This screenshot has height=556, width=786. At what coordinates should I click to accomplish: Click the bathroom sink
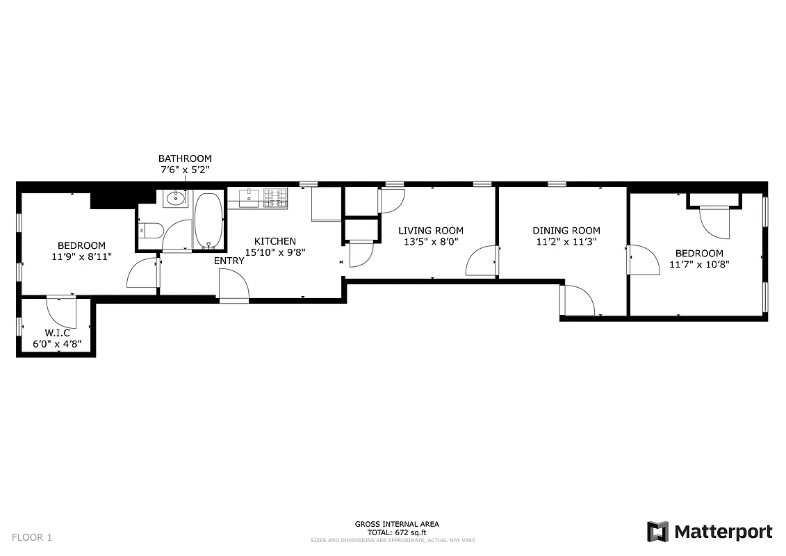pyautogui.click(x=175, y=199)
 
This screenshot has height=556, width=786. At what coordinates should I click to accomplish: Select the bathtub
pyautogui.click(x=208, y=220)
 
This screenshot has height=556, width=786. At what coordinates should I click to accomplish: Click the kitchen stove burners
pyautogui.click(x=275, y=199)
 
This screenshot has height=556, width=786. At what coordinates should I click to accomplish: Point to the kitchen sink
pyautogui.click(x=249, y=198)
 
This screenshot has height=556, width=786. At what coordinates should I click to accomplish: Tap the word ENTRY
pyautogui.click(x=229, y=261)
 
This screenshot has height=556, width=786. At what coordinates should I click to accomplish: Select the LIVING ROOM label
pyautogui.click(x=430, y=231)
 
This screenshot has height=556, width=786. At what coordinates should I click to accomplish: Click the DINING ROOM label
pyautogui.click(x=566, y=231)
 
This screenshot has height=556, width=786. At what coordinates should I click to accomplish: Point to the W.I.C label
pyautogui.click(x=58, y=333)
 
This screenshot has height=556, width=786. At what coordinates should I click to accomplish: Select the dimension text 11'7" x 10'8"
pyautogui.click(x=696, y=265)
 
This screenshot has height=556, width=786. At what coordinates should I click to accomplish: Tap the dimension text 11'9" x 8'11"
pyautogui.click(x=81, y=256)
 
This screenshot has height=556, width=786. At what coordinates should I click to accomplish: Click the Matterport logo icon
pyautogui.click(x=657, y=532)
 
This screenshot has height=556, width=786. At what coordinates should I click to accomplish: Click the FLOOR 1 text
pyautogui.click(x=31, y=537)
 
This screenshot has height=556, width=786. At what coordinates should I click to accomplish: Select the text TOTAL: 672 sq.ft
pyautogui.click(x=397, y=532)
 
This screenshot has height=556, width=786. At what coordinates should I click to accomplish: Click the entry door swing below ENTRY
pyautogui.click(x=233, y=286)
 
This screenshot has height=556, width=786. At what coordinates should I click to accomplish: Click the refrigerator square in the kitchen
pyautogui.click(x=325, y=204)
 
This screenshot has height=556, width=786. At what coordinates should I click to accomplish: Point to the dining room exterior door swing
pyautogui.click(x=577, y=300)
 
